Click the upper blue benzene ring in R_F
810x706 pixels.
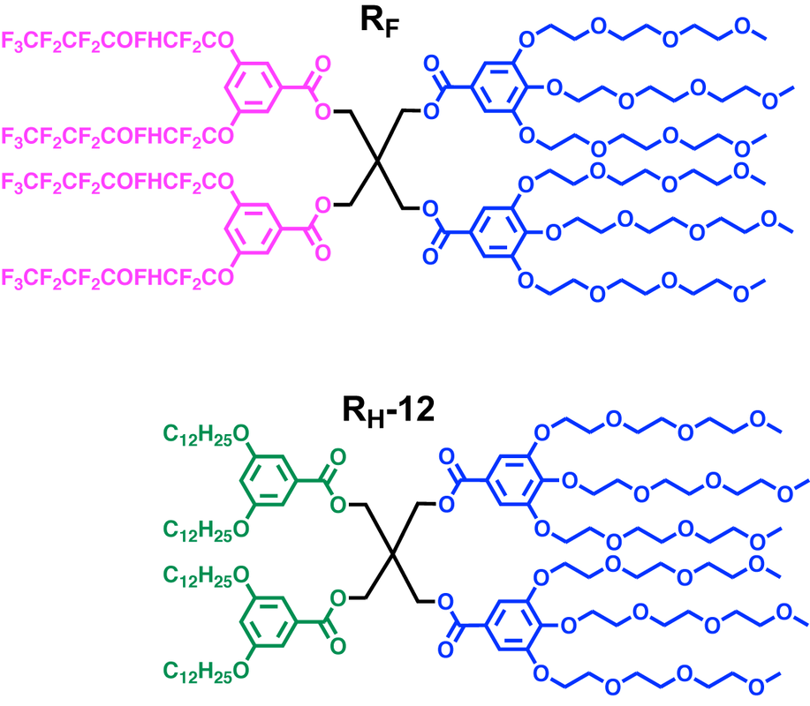coord(500,87)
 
